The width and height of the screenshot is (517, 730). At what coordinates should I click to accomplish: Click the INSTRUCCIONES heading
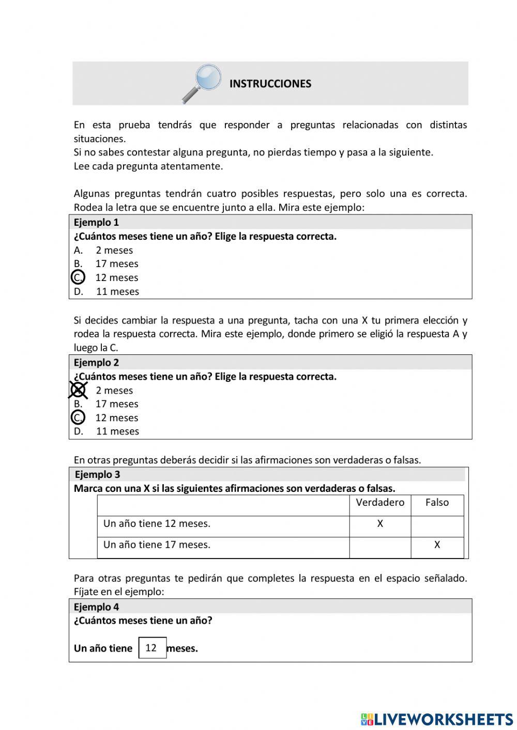tap(270, 84)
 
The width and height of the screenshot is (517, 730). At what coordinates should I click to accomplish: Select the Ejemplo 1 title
tap(96, 223)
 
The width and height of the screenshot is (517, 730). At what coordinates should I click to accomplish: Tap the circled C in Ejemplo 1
tap(78, 277)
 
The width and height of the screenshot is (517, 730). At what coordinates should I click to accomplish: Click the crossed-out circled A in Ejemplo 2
tap(78, 390)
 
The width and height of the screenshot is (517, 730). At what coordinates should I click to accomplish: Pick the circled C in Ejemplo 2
tap(78, 417)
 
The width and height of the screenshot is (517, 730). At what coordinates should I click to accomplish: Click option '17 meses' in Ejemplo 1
tap(116, 264)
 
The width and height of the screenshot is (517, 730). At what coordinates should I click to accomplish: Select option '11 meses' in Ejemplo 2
tap(117, 431)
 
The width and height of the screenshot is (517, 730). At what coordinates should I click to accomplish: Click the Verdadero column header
tap(380, 503)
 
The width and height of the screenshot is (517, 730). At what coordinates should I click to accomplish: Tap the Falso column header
tap(437, 503)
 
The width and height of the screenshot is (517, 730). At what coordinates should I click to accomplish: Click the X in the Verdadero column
tap(380, 524)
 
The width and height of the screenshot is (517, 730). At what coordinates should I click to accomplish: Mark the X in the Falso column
tap(437, 545)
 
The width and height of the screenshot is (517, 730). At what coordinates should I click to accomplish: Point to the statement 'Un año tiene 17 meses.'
tap(157, 545)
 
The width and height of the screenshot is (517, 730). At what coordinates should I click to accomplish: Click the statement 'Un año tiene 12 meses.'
tap(157, 524)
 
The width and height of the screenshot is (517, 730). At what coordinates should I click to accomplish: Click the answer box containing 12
tap(152, 648)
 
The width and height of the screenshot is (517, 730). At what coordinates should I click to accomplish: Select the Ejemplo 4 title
tap(96, 607)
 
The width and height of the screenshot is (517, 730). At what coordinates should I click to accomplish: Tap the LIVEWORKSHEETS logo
tap(437, 719)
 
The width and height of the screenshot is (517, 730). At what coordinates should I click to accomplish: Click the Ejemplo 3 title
tap(97, 474)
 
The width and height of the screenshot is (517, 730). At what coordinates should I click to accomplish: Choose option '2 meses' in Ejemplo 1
tap(114, 250)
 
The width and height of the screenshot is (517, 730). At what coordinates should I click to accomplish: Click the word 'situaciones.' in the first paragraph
tap(100, 138)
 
